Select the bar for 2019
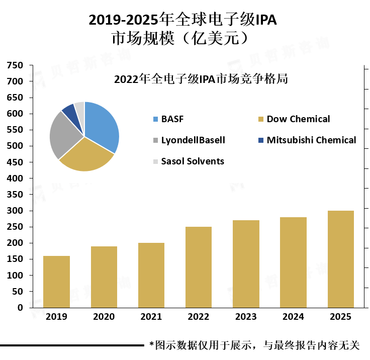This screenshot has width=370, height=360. click(56, 282)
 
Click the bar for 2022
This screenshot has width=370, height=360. click(199, 267)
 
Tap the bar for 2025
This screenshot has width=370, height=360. click(341, 259)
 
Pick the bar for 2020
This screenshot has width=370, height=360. click(104, 277)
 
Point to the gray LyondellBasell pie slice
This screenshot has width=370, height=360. click(62, 136)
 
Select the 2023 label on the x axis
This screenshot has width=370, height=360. click(246, 317)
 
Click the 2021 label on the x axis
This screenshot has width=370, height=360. click(151, 317)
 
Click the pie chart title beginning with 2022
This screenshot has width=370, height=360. click(201, 79)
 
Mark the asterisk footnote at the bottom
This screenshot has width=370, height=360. click(254, 345)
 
